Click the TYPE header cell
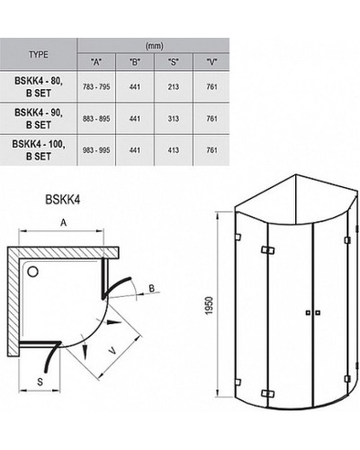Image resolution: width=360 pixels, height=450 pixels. pos(39,54)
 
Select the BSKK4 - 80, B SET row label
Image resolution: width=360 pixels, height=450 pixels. pos(39,86)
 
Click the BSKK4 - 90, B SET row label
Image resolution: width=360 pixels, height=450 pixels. pos(39,116)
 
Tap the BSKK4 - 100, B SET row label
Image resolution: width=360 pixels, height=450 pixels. pos(39,147)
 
